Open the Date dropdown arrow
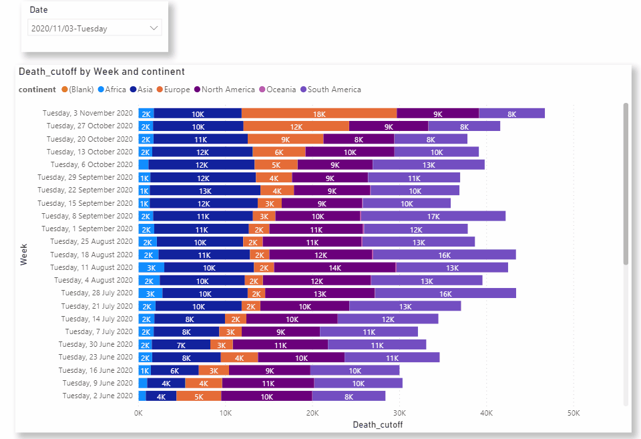pos(154,28)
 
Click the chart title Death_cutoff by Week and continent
pos(101,71)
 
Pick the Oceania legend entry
pos(280,90)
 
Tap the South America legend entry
pos(334,90)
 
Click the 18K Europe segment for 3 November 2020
pos(319,114)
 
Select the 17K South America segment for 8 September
pos(433,216)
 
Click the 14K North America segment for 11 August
pos(335,267)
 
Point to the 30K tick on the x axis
pos(399,413)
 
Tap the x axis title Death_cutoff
pos(377,424)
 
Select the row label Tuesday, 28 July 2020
pos(97,293)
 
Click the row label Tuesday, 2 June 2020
pos(97,396)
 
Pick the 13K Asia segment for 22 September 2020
pos(205,190)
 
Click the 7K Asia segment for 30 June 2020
pos(181,345)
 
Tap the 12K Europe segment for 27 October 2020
pos(296,126)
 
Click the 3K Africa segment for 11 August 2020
pos(151,267)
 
